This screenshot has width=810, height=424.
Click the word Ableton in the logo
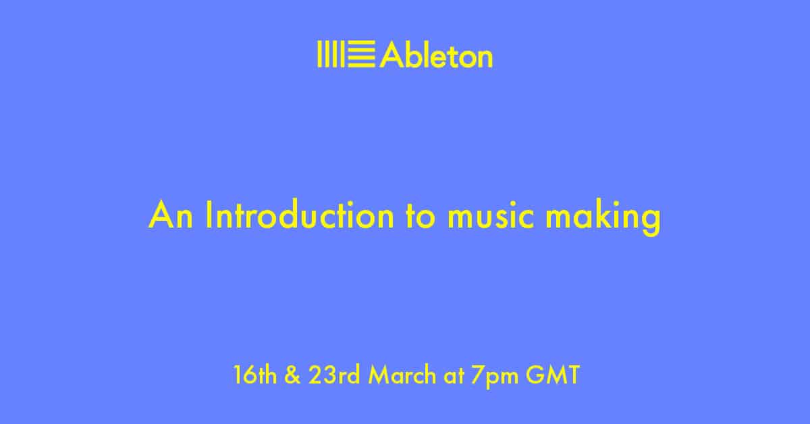[x=436, y=54]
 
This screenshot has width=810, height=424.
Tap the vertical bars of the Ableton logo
[x=331, y=54]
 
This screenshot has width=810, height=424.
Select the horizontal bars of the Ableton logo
[x=361, y=54]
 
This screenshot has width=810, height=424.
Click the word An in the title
[x=171, y=215]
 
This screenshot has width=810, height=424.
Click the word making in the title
[x=603, y=217]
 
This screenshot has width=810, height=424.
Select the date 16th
[x=255, y=375]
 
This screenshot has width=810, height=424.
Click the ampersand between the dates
[x=292, y=375]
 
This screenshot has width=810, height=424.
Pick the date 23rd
[x=334, y=375]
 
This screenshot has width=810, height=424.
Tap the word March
[x=402, y=375]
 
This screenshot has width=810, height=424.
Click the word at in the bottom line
[x=454, y=376]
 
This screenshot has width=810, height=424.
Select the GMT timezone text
[x=553, y=375]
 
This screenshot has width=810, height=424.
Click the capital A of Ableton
[x=391, y=54]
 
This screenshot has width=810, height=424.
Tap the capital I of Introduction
[x=208, y=215]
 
